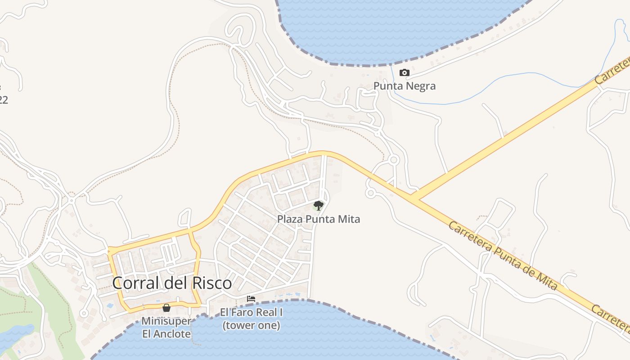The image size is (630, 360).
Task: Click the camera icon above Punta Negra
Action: tap(405, 73)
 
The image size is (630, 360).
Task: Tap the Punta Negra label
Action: tap(405, 85)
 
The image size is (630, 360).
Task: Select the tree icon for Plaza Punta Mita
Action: tap(319, 206)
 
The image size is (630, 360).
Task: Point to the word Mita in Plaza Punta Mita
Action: tap(350, 219)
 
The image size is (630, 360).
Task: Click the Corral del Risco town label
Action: tap(172, 283)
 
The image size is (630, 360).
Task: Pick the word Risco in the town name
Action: tap(212, 283)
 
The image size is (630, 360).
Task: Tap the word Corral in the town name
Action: tap(134, 283)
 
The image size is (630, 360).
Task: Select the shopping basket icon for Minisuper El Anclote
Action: tap(166, 308)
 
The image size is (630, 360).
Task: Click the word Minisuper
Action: tap(166, 321)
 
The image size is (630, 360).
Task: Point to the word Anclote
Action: tap(173, 334)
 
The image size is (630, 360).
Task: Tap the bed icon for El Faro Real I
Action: tap(251, 298)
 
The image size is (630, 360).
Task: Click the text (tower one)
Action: tap(251, 325)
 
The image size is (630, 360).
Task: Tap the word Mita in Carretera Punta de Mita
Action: tap(547, 279)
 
